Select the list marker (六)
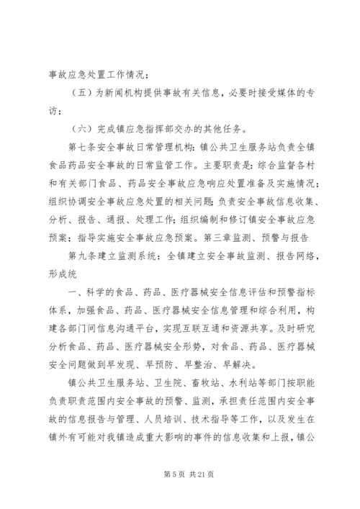(84, 130)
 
